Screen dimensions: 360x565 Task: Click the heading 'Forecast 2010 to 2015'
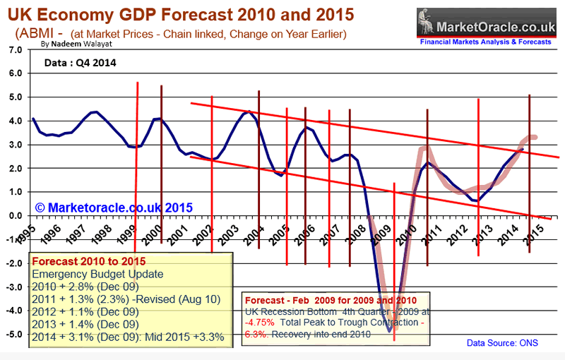pos(88,261)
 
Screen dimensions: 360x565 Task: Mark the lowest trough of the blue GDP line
pos(388,330)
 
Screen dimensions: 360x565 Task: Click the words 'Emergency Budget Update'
pos(97,274)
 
